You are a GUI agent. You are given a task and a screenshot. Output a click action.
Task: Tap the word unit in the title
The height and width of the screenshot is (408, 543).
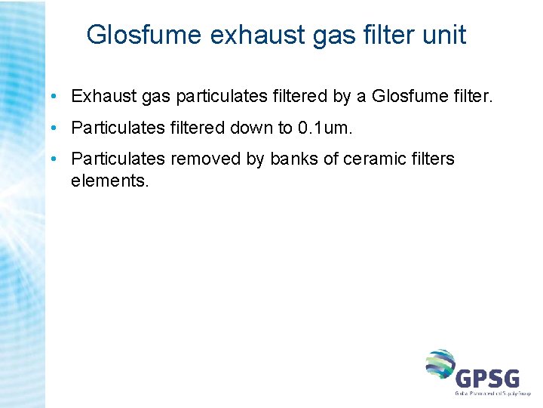coord(444,35)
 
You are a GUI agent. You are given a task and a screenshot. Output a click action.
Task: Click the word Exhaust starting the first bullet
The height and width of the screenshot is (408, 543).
coord(100,97)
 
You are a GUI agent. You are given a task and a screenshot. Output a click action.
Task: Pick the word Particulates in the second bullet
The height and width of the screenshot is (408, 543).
coord(117,128)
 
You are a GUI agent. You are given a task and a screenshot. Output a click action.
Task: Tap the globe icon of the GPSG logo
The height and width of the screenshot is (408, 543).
coord(440,366)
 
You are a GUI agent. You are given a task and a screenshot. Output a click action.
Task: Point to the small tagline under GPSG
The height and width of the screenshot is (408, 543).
coord(492,394)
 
